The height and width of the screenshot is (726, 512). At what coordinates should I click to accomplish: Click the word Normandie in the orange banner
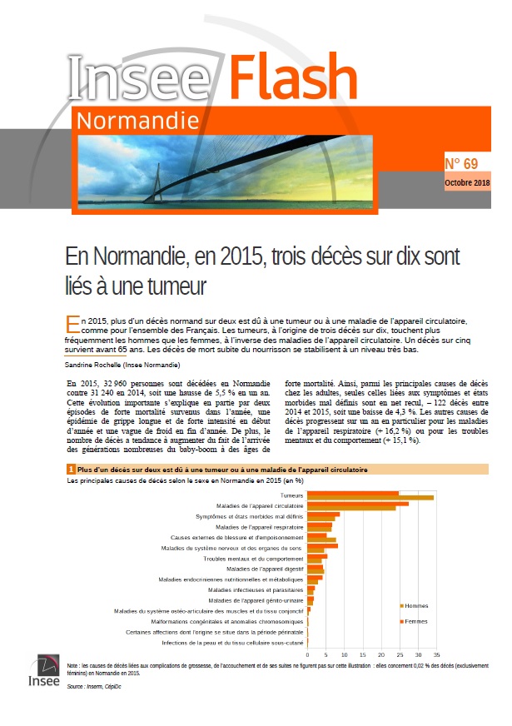[x=137, y=122]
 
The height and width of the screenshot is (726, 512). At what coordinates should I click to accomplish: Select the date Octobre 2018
[x=467, y=182]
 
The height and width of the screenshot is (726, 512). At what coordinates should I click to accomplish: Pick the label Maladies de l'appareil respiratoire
[x=260, y=527]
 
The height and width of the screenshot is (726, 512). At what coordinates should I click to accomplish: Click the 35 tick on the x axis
[x=436, y=654]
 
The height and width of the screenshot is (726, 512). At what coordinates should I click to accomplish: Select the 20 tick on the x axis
[x=381, y=654]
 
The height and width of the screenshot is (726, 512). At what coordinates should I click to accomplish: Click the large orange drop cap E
[x=72, y=322]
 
